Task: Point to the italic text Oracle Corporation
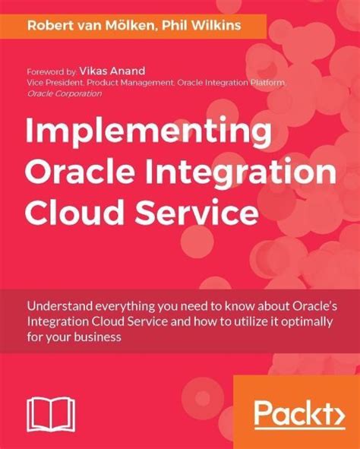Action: point(65,93)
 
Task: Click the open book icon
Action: point(49,416)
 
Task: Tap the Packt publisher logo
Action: point(294,414)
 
